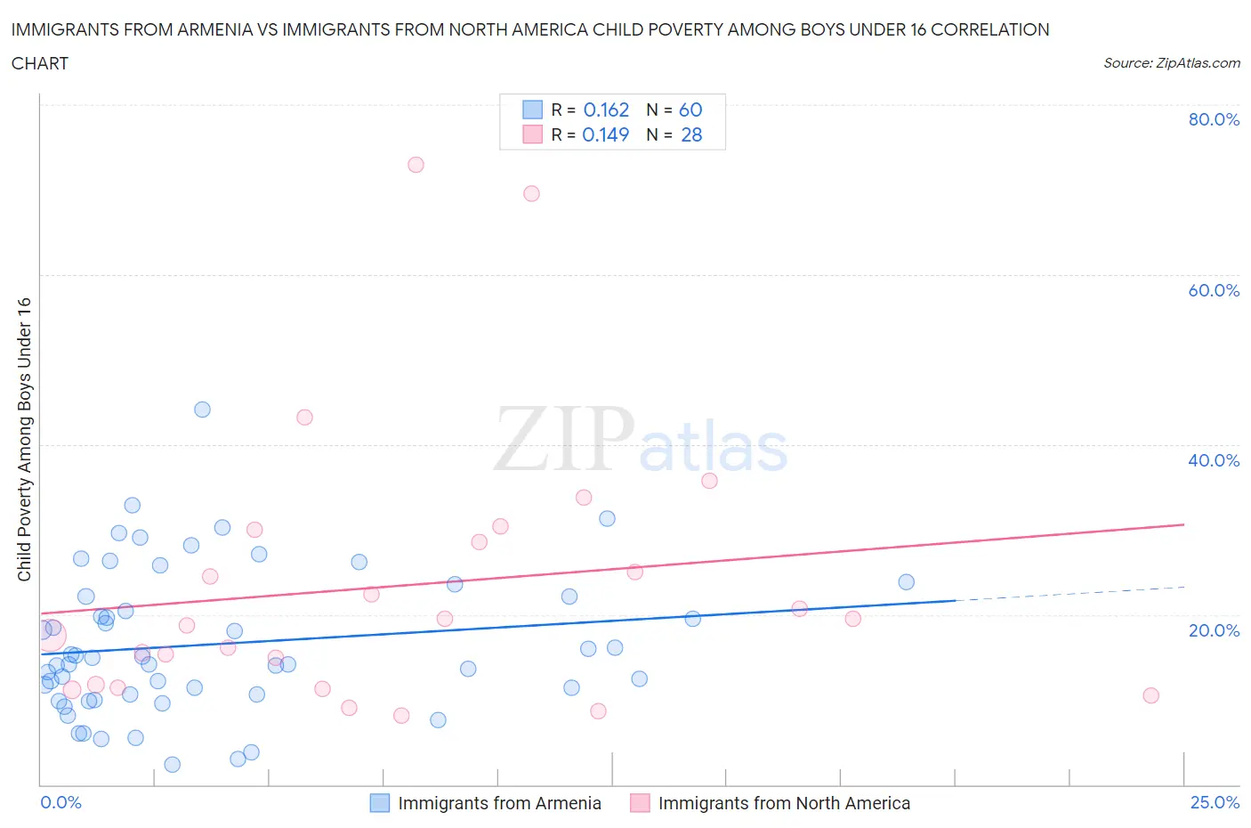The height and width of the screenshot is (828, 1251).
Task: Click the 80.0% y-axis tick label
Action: tap(1213, 119)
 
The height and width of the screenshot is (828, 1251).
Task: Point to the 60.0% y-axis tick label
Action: tap(1213, 290)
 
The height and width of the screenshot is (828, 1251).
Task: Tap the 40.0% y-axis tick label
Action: tap(1213, 460)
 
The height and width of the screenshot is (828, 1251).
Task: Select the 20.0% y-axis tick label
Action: tap(1213, 630)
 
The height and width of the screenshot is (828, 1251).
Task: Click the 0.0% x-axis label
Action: tap(61, 802)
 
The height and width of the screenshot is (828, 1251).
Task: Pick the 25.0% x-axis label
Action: tap(1214, 802)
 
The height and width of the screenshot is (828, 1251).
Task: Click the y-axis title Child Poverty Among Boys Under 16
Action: tap(24, 439)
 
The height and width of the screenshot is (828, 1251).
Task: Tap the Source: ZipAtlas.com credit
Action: tap(1171, 63)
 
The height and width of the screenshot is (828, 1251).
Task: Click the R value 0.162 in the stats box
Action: tap(606, 110)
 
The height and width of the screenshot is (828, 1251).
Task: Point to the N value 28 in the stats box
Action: tap(691, 134)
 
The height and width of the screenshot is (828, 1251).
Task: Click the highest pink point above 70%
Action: tap(416, 165)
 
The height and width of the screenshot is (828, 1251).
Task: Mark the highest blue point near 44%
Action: tap(202, 410)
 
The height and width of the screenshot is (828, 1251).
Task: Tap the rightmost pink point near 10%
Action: tap(1150, 695)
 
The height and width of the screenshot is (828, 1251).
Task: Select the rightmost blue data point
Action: tap(906, 582)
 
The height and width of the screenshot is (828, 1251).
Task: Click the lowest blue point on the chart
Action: tap(173, 765)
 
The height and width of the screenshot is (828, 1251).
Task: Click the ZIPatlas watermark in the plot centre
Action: tap(641, 439)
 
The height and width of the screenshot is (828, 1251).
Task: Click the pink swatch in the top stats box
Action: tap(532, 134)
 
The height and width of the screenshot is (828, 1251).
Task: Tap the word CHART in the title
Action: tap(40, 63)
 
